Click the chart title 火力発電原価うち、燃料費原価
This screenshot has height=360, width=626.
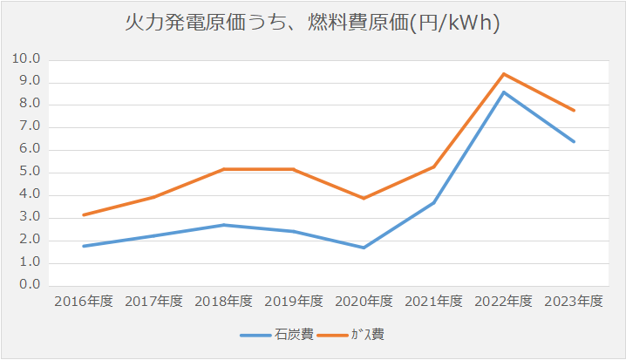coord(312,24)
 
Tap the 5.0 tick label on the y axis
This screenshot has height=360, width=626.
coord(31,173)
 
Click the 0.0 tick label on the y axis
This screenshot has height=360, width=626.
coord(31,285)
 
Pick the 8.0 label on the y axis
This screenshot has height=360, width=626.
coord(31,105)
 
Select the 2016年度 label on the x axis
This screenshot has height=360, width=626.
coord(84,302)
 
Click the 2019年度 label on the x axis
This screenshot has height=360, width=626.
coord(294,302)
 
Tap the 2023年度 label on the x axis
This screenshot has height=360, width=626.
coord(574,302)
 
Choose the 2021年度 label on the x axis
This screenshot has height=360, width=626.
coord(433,302)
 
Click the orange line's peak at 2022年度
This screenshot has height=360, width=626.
coord(503,74)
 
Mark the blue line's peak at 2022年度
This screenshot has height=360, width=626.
coord(503,92)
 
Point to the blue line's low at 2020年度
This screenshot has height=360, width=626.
coord(364,248)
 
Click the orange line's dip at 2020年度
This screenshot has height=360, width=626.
coord(364,199)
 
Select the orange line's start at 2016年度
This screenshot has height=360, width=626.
coord(84,214)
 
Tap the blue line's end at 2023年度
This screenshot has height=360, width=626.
coord(574,141)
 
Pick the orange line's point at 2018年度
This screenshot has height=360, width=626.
coord(224,169)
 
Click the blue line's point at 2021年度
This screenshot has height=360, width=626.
coord(433,202)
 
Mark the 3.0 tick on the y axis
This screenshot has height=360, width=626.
coord(31,217)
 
